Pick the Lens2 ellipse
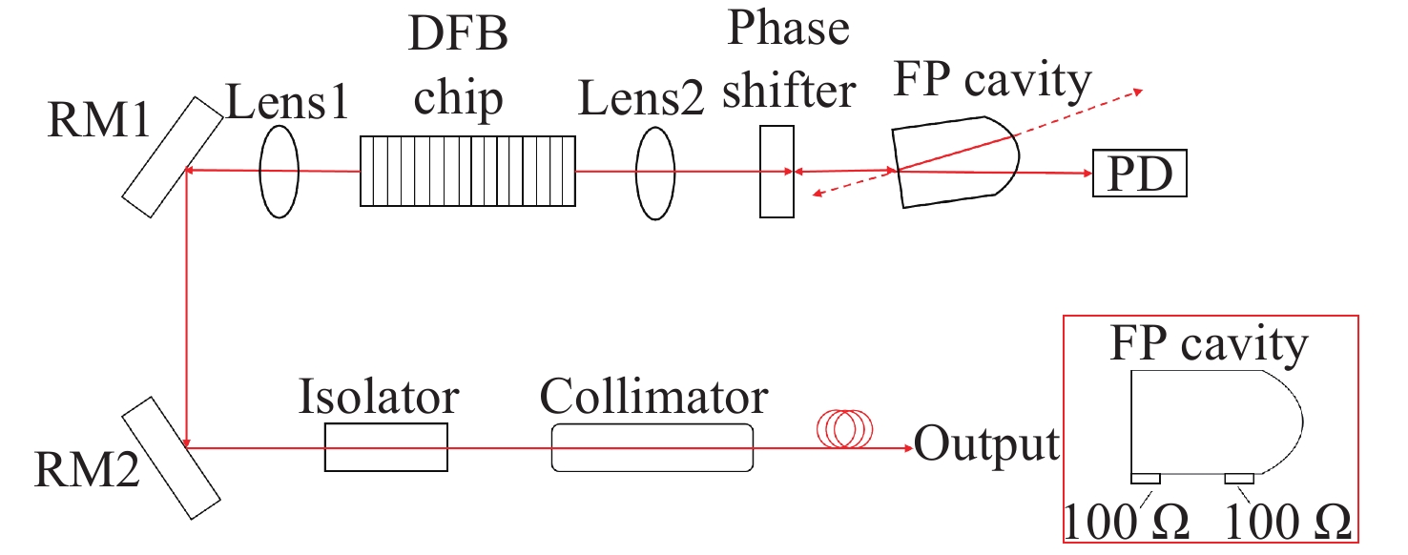(x=655, y=173)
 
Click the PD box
(x=1140, y=174)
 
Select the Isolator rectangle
(x=385, y=446)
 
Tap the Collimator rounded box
(x=652, y=446)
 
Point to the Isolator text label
(x=379, y=396)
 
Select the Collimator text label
(x=653, y=396)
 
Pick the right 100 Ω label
(x=1287, y=524)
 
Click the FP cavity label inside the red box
(x=1209, y=344)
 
